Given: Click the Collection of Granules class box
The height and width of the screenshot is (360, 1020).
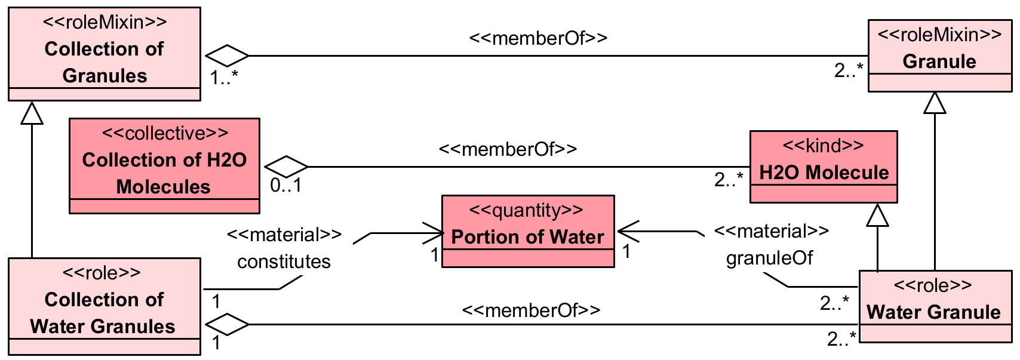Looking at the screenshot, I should (105, 54).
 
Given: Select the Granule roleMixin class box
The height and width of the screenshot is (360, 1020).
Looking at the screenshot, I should (939, 56).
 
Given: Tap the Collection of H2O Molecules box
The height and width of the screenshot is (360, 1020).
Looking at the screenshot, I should (164, 166).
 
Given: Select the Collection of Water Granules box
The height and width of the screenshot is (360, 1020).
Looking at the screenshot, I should (105, 306).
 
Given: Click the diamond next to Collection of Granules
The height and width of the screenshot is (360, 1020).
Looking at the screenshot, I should (227, 56).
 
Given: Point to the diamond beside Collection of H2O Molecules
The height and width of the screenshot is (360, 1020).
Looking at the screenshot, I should (286, 167).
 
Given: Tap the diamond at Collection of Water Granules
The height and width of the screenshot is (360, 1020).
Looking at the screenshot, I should (227, 324).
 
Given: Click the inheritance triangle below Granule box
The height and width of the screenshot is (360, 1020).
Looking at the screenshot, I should (935, 103).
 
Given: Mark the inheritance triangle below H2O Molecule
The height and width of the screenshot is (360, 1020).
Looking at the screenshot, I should (877, 215).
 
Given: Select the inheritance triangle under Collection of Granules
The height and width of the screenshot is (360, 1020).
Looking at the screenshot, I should (32, 113).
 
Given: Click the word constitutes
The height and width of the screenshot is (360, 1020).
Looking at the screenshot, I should (284, 261).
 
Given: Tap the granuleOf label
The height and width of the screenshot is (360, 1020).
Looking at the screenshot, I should (769, 258).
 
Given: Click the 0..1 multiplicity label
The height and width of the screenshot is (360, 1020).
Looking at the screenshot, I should (285, 186).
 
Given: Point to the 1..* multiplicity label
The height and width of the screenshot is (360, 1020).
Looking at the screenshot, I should (224, 77).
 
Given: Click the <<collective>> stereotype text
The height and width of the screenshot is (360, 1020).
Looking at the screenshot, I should (165, 133).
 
